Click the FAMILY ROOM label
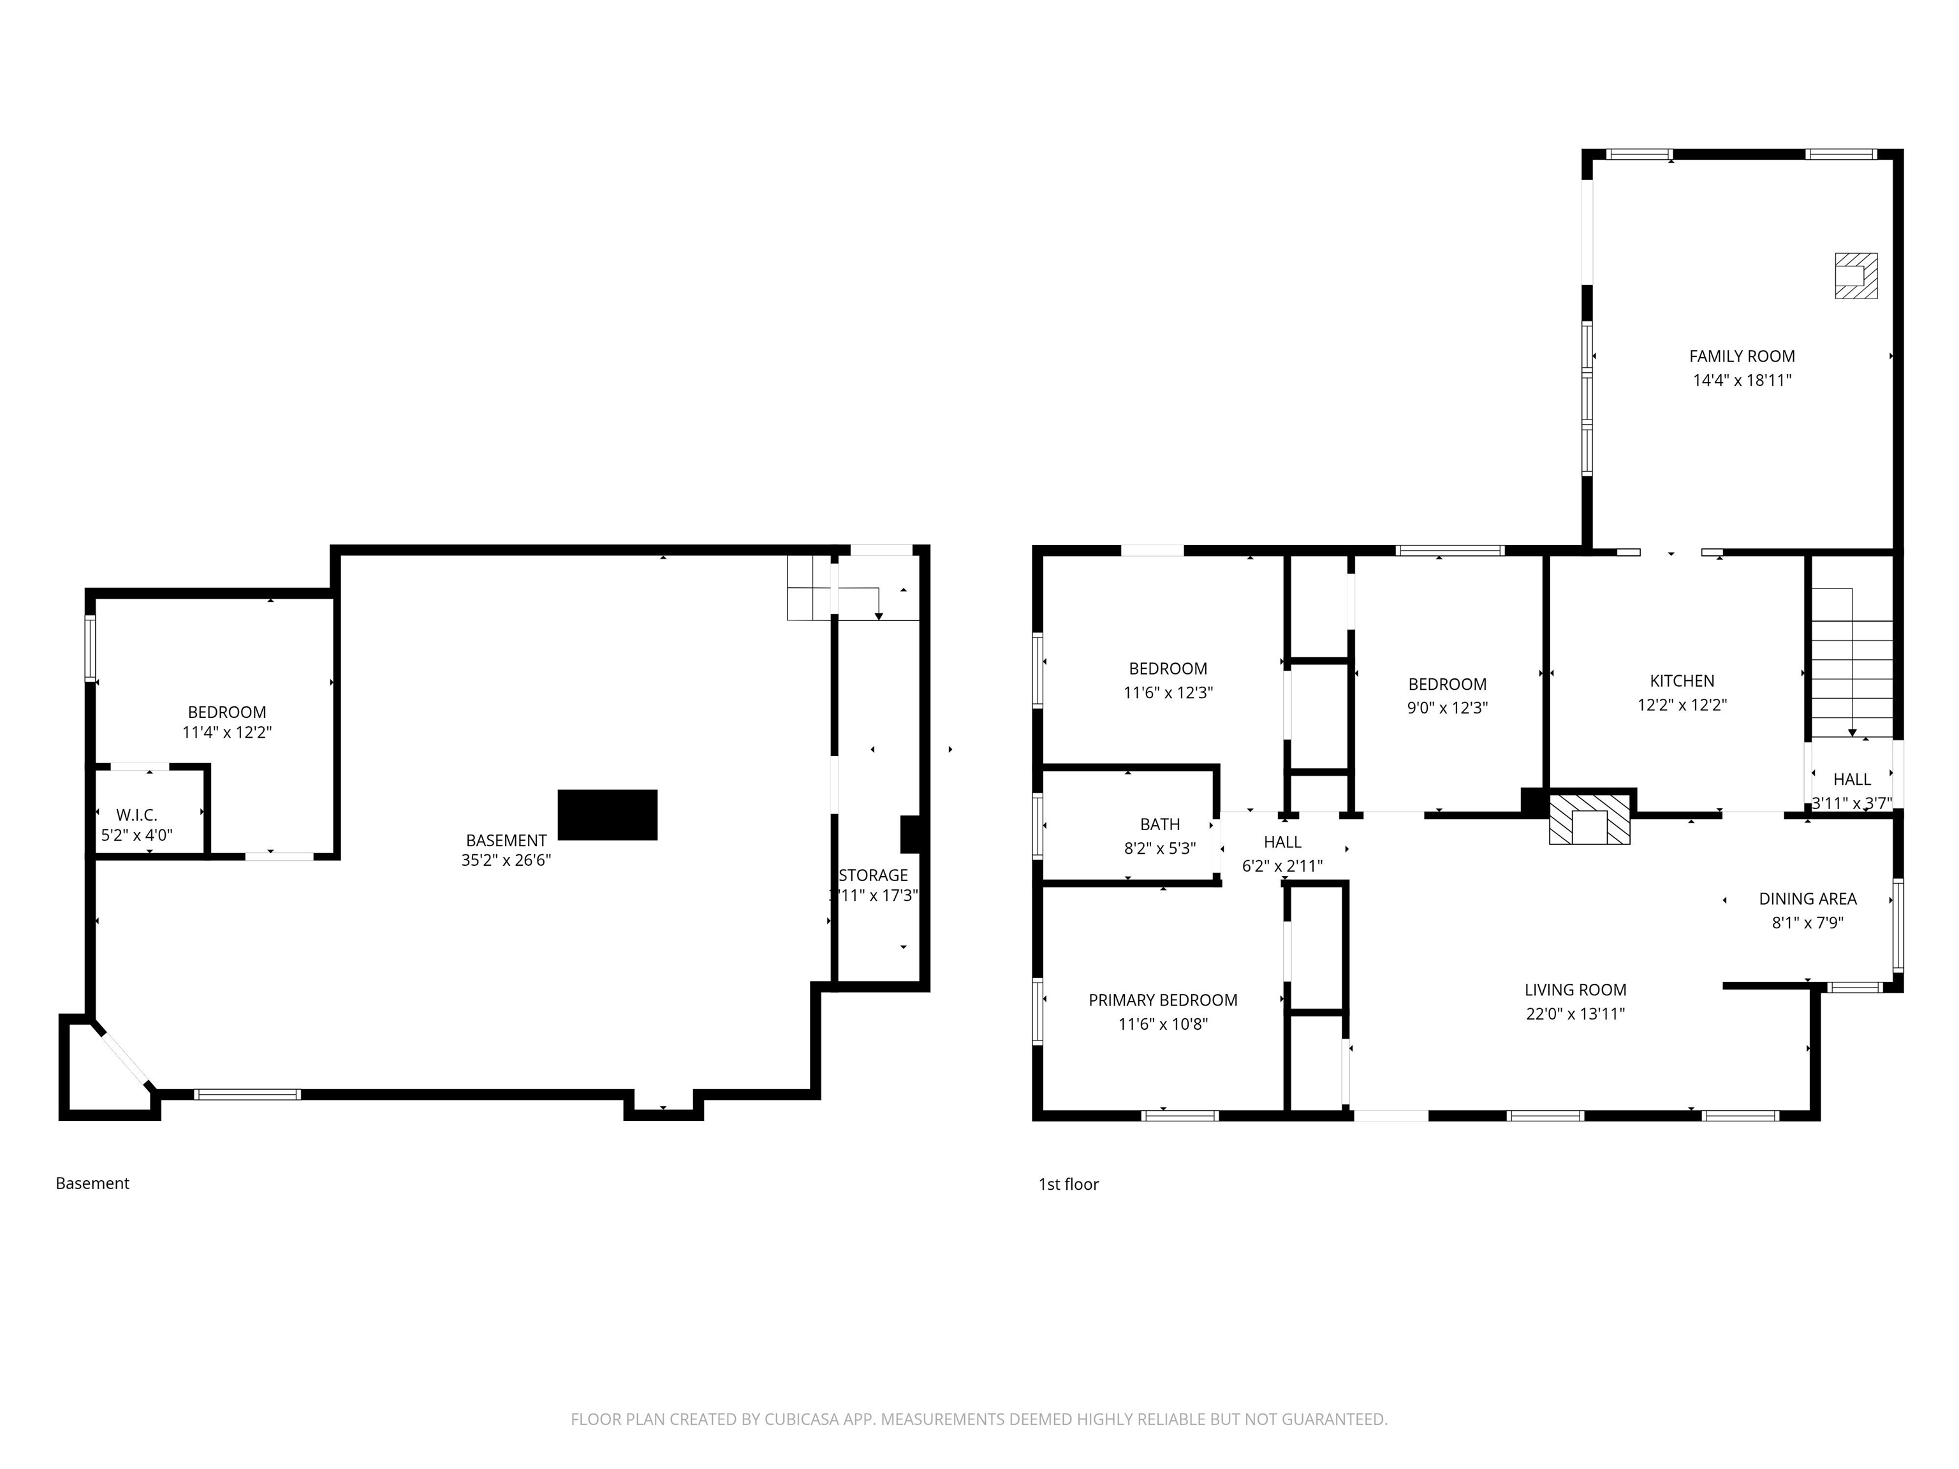pos(1741,356)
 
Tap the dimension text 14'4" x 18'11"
pos(1741,381)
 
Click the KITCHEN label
pos(1681,681)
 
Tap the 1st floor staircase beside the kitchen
pos(1851,673)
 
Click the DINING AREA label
pos(1807,899)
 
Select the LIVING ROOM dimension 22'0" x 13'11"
pos(1574,1014)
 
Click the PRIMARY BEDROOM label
pos(1162,1000)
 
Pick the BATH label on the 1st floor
pos(1159,824)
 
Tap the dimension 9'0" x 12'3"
pos(1447,708)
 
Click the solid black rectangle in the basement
pos(608,815)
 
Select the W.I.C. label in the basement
pos(136,815)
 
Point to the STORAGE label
pos(873,875)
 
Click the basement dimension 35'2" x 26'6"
pos(506,860)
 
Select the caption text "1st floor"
pos(1068,1184)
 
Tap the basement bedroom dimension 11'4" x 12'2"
pos(227,733)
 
